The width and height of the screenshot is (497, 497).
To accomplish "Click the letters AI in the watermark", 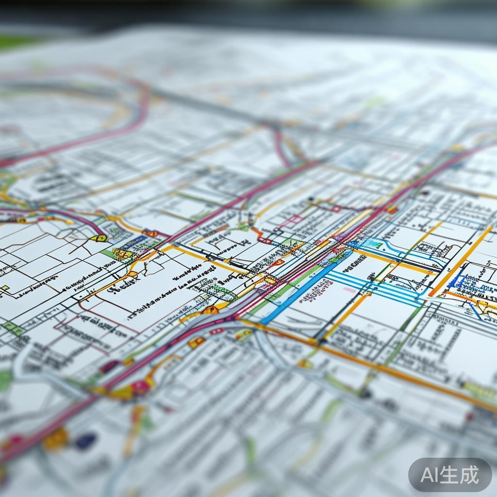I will pyautogui.click(x=431, y=475).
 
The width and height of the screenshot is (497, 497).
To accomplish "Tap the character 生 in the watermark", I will pyautogui.click(x=451, y=475).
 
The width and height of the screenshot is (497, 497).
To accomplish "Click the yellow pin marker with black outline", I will pyautogui.click(x=99, y=238).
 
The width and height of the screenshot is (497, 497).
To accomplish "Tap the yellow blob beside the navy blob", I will pyautogui.click(x=56, y=438).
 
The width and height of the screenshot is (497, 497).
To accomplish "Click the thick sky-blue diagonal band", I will pyautogui.click(x=301, y=291).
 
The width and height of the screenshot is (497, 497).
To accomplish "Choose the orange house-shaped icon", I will pyautogui.click(x=210, y=310).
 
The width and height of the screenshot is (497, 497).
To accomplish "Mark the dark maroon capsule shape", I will pyautogui.click(x=109, y=366).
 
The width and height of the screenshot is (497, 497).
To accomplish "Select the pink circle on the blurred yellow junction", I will pyautogui.click(x=141, y=387).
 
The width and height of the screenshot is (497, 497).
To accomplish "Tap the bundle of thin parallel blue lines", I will pyautogui.click(x=374, y=286).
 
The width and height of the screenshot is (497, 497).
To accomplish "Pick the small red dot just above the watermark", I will pyautogui.click(x=470, y=416).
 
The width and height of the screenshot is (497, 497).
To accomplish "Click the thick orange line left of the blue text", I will pyautogui.click(x=459, y=262).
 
